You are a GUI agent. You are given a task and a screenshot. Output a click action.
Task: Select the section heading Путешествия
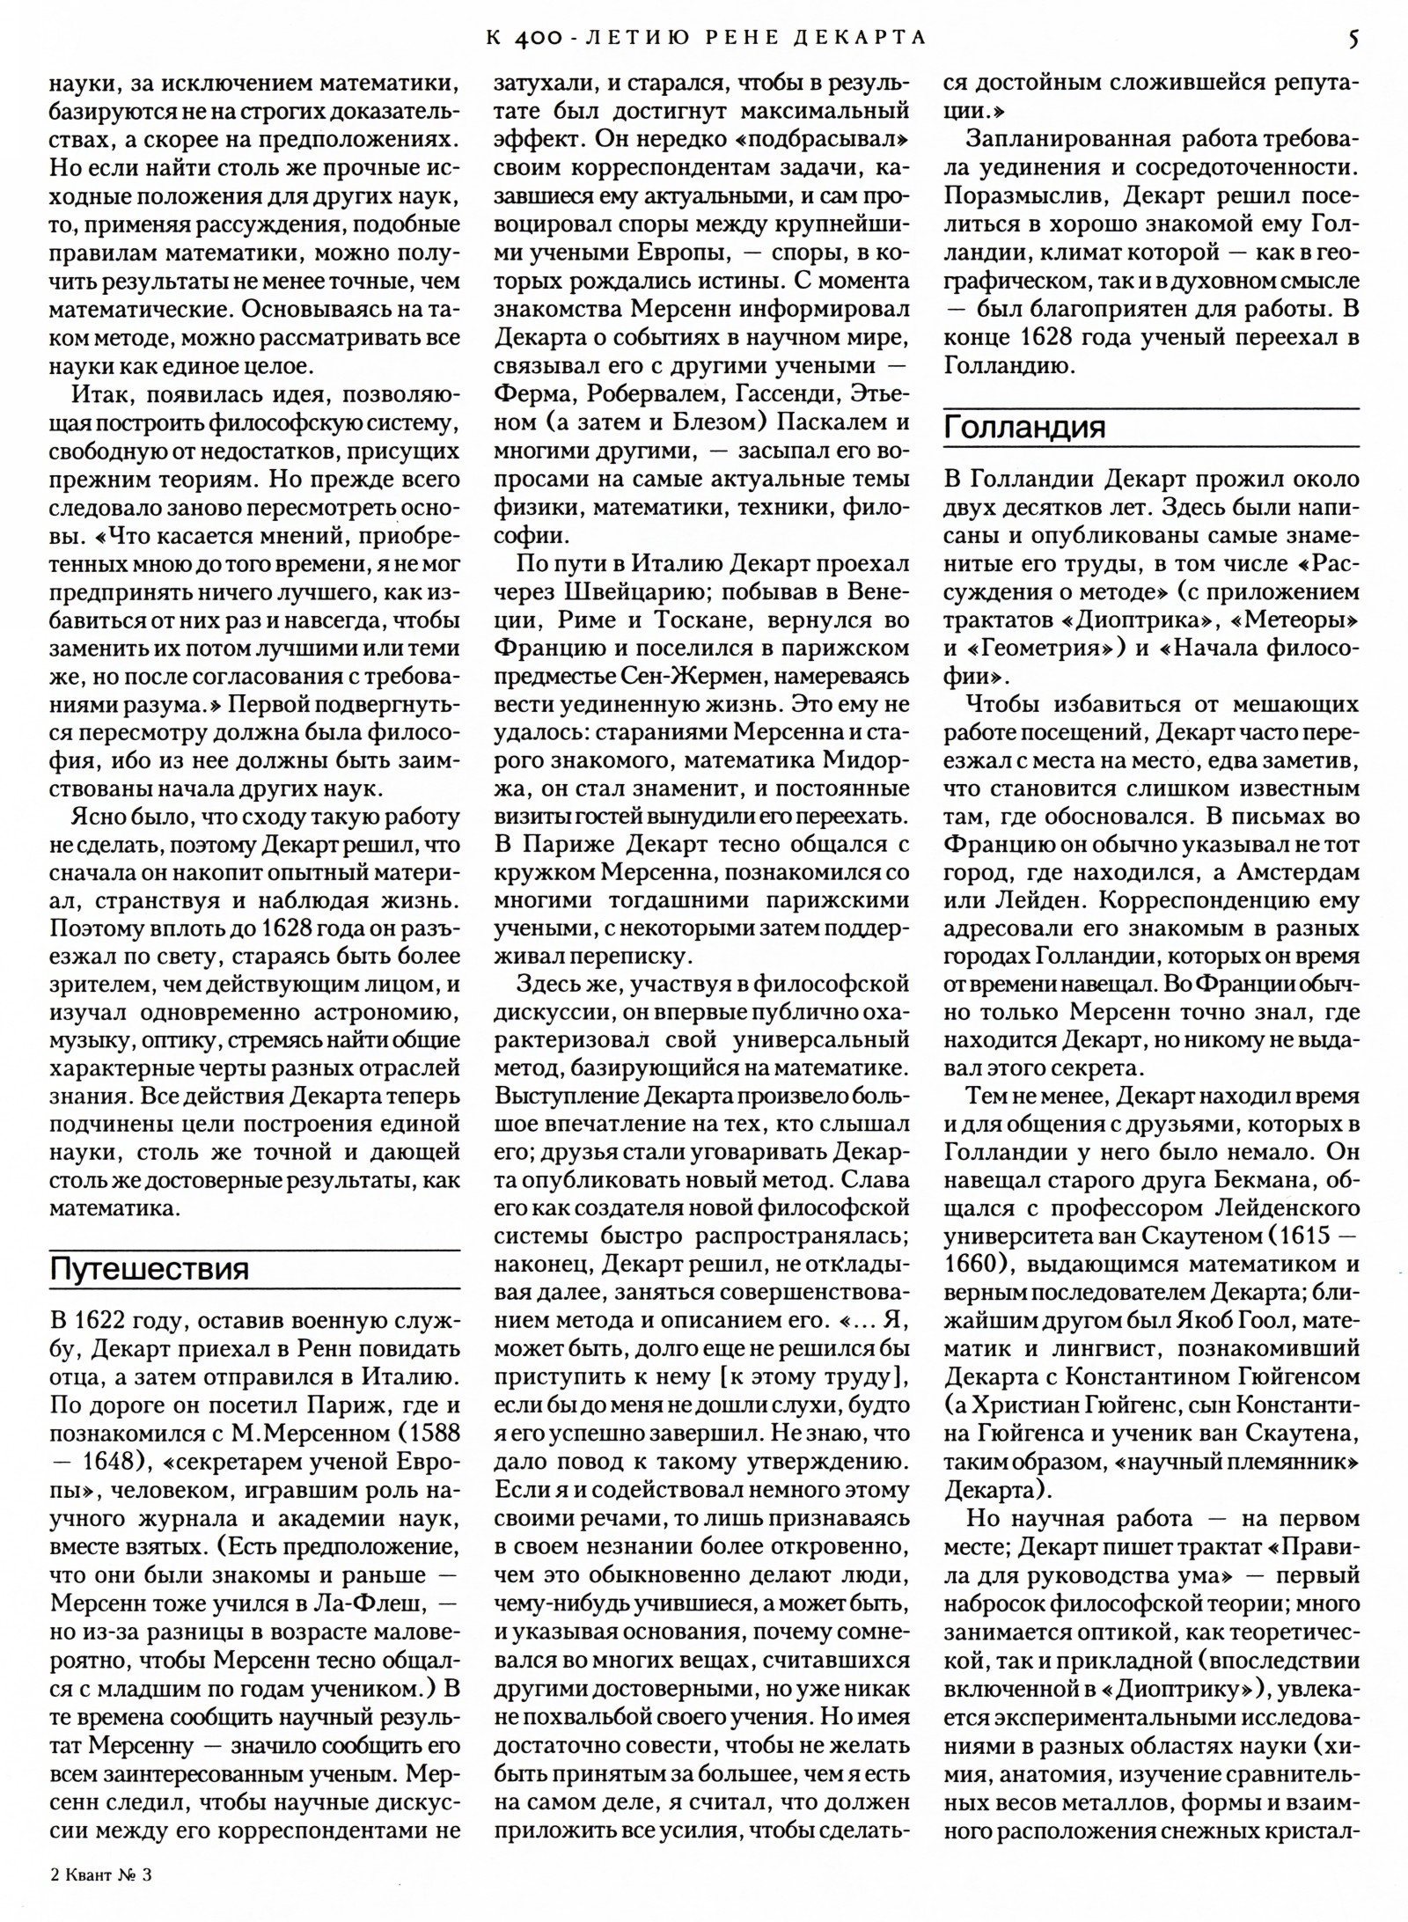point(150,1268)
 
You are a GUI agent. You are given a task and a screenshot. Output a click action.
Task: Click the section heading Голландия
point(1024,428)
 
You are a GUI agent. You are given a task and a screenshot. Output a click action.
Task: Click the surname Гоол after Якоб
point(1260,1319)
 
